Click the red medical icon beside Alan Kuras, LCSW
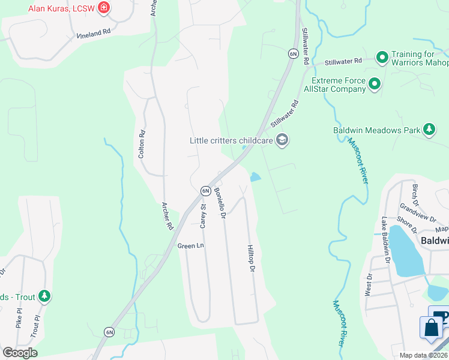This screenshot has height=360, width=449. click(104, 8)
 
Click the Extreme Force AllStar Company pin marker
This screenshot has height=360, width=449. click(375, 84)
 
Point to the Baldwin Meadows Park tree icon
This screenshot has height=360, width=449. click(429, 129)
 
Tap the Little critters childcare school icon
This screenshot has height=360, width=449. click(282, 140)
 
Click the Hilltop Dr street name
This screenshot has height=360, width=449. click(251, 256)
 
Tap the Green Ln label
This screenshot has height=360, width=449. click(190, 246)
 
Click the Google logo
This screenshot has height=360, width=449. click(20, 352)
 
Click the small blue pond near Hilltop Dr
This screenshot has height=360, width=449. click(255, 176)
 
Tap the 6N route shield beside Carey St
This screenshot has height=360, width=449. click(205, 190)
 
